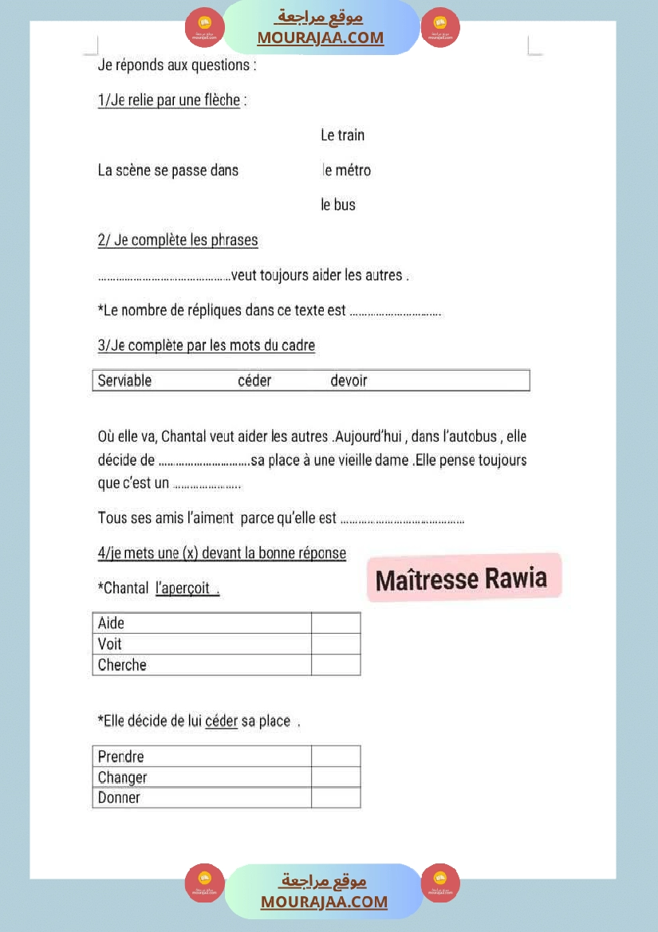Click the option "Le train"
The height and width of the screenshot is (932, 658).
(x=342, y=136)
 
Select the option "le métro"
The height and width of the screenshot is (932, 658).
(x=346, y=171)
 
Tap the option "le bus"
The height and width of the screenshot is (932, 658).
(x=338, y=205)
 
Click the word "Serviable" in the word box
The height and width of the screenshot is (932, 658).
(x=124, y=381)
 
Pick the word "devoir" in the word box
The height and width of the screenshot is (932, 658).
(x=349, y=381)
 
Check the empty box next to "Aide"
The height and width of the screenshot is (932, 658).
(x=336, y=623)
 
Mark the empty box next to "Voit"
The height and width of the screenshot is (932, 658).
(x=336, y=643)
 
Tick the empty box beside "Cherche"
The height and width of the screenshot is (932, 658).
(x=336, y=665)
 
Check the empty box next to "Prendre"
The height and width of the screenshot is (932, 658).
(x=336, y=756)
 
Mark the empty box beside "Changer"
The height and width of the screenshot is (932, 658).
(x=336, y=777)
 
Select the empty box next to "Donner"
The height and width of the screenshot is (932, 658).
(x=336, y=797)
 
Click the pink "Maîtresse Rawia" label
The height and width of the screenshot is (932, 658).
(x=462, y=579)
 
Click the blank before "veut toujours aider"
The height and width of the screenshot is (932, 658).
(x=164, y=277)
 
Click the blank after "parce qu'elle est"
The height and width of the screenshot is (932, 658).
(x=402, y=519)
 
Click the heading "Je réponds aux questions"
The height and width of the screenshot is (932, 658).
(x=176, y=65)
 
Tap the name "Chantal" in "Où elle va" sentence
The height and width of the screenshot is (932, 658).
(x=186, y=437)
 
